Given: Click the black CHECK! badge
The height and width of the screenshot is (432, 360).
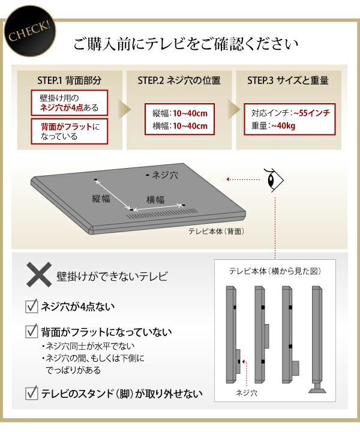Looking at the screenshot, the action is point(29,31).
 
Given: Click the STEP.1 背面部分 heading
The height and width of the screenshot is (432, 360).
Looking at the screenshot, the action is point(70,80).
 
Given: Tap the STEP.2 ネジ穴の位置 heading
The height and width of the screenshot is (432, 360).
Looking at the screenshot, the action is point(179,80).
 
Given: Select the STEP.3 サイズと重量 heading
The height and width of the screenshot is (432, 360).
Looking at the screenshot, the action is point(288,80).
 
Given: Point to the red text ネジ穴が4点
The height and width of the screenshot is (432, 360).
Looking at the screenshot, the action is point(62,108).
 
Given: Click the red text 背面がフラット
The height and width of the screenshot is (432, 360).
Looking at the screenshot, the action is point(67,127).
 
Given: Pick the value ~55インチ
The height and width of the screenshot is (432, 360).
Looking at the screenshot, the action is point(311,113).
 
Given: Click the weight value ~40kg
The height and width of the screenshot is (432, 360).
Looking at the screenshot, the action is point(283,126).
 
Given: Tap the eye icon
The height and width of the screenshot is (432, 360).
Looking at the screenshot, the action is point(274,180).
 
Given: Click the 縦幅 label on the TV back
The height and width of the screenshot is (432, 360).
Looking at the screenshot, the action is point(101,199).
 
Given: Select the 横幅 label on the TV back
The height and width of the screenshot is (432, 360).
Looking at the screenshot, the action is point(155,199).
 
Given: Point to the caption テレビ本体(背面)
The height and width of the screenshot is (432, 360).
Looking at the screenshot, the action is point(216,232).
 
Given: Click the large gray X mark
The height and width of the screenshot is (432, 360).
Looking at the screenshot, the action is point(39,275).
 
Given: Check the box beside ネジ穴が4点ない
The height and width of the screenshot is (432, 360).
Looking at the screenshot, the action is point(31,306).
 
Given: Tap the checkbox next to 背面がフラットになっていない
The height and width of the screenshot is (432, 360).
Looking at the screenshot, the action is point(31,331).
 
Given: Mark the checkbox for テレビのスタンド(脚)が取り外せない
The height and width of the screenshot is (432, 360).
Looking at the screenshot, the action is point(31,393).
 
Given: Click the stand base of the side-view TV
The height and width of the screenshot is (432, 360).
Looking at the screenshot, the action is point(317,389).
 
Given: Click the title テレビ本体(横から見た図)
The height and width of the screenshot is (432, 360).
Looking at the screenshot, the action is point(275,271).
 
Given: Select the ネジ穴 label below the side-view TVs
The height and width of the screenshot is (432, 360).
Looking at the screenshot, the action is point(247,393).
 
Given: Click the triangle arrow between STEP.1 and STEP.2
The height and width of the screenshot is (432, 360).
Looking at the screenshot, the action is point(124,109).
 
